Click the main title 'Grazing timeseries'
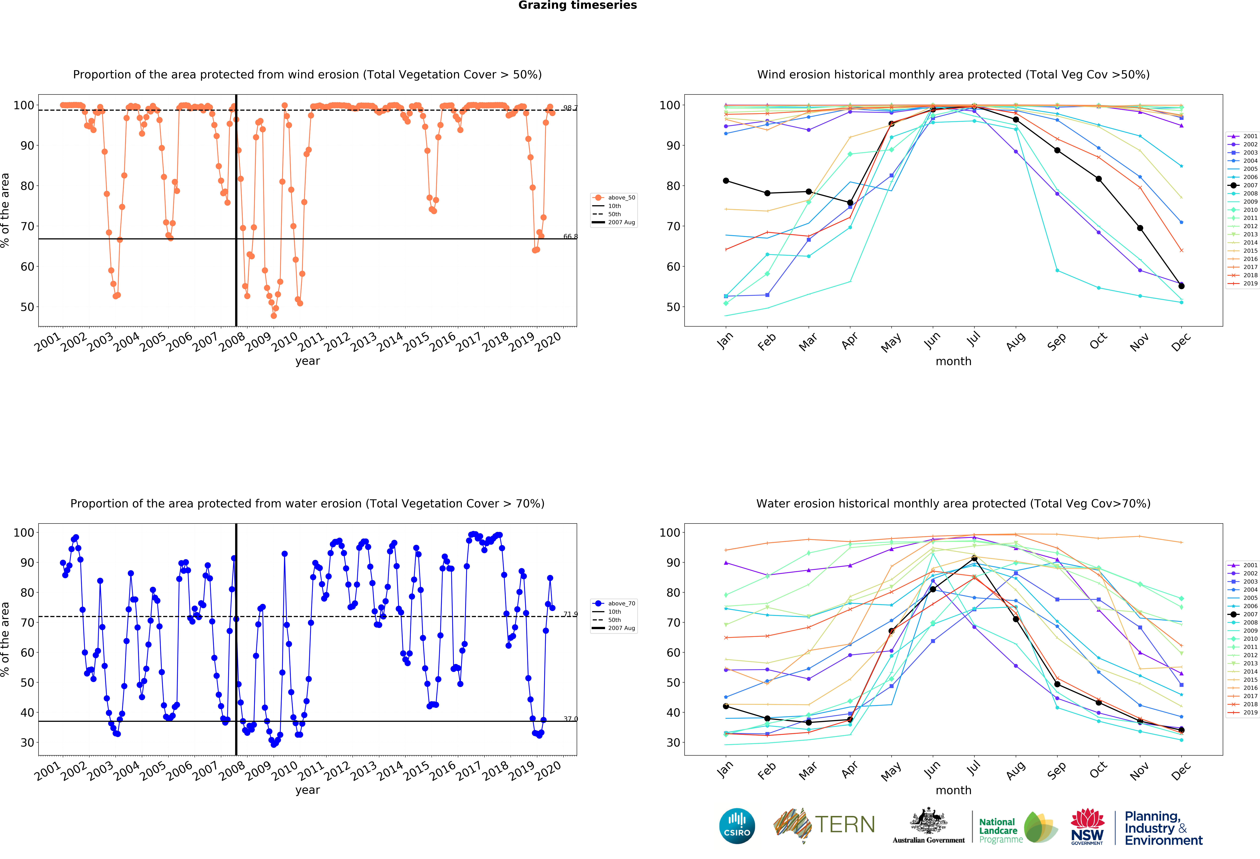coord(577,5)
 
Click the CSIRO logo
coord(737,826)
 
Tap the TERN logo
coord(824,825)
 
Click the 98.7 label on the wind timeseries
coord(570,108)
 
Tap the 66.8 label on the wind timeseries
coord(570,236)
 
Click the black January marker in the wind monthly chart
coord(726,181)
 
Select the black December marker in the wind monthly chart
coord(1181,286)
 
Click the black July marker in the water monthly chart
coord(974,558)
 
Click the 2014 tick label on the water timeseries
coord(390,770)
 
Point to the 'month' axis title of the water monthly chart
coord(953,790)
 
